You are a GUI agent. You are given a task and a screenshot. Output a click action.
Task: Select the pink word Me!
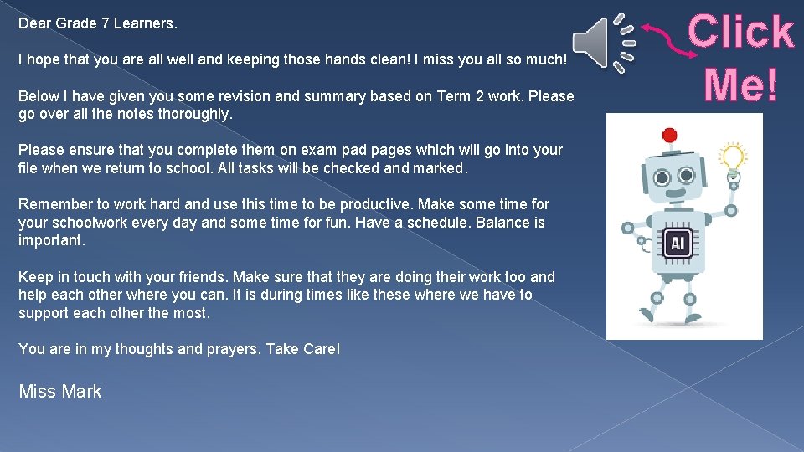pyautogui.click(x=740, y=85)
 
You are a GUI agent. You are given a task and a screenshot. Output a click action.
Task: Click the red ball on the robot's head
pyautogui.click(x=669, y=135)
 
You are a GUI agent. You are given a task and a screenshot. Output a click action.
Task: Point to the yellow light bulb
pyautogui.click(x=734, y=157)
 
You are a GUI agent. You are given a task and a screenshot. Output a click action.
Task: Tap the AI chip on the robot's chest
pyautogui.click(x=678, y=244)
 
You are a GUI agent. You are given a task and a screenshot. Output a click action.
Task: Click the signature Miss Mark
pyautogui.click(x=59, y=392)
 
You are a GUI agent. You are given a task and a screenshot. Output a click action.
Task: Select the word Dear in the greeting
pyautogui.click(x=34, y=23)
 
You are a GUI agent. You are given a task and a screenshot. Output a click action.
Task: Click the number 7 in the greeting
pyautogui.click(x=106, y=23)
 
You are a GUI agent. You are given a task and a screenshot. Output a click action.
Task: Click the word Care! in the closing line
pyautogui.click(x=321, y=349)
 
